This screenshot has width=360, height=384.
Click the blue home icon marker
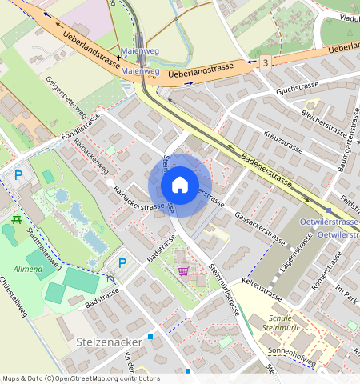180,186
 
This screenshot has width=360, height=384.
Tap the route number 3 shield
266,62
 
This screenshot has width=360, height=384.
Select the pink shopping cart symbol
183,271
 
